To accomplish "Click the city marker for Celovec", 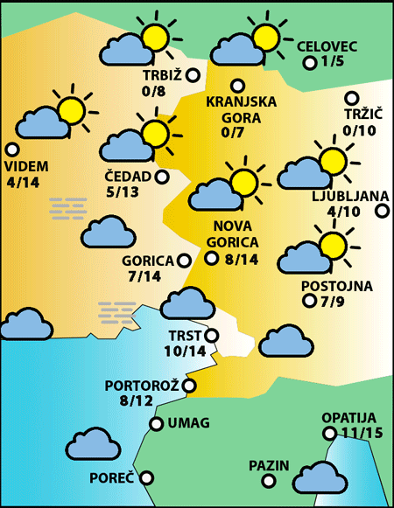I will [x=309, y=62].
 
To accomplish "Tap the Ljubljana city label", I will [x=344, y=195].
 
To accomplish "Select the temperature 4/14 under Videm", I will [x=23, y=182].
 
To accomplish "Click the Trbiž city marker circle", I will [x=193, y=75].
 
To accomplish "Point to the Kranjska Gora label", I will [x=241, y=108].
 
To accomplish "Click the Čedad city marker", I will [x=162, y=177].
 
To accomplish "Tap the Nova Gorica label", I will [x=229, y=234].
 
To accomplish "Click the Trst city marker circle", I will [x=210, y=335].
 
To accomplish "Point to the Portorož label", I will [x=141, y=385].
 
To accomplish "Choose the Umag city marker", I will [x=156, y=424].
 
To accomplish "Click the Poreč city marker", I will [x=146, y=478].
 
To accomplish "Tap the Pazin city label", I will [x=268, y=464].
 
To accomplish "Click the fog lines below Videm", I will [x=68, y=207].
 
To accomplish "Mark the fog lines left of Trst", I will [x=120, y=311].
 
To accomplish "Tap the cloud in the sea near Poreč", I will [x=93, y=445].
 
